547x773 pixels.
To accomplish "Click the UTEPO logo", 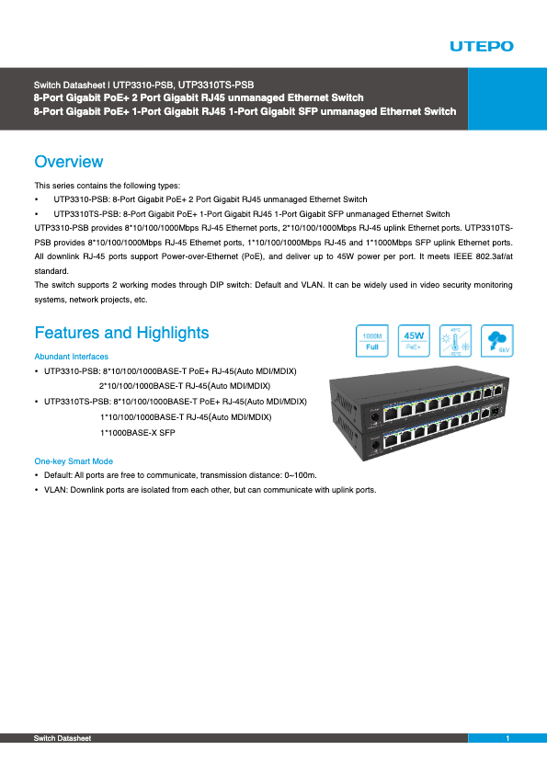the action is tap(482, 46).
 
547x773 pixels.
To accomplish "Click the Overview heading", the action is tap(68, 163).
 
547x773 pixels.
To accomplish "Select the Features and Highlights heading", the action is tap(121, 333).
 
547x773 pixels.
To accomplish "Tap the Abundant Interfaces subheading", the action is tap(71, 357).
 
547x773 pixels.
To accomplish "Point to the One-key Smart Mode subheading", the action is tap(74, 460).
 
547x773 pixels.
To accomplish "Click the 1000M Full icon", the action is tap(372, 341).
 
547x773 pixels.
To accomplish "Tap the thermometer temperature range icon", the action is tap(456, 341).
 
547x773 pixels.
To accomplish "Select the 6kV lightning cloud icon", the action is tap(497, 341).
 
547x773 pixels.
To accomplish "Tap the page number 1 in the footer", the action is tap(507, 739).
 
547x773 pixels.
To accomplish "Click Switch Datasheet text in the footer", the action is tap(63, 739).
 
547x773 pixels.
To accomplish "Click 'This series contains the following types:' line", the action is tap(108, 186).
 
